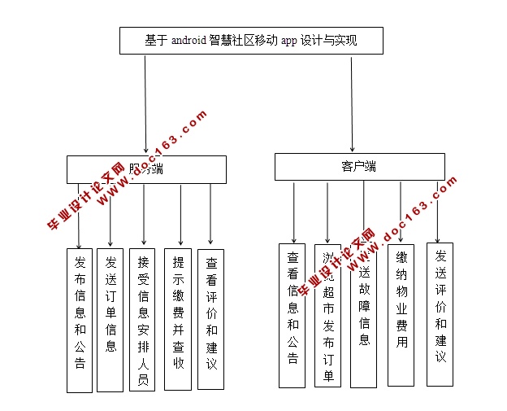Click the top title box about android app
251,41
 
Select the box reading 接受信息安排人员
142,319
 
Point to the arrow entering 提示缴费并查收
180,216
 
